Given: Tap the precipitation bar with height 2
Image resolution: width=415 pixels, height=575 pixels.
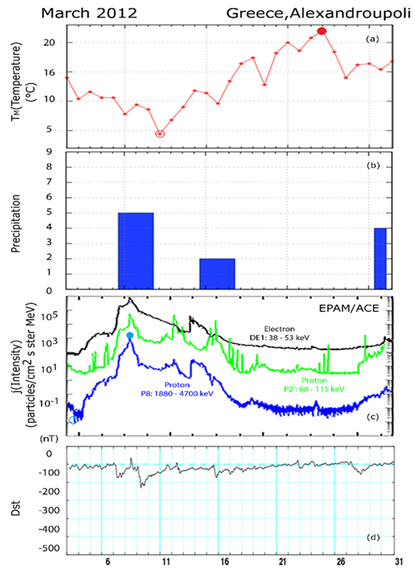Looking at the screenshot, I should [217, 274].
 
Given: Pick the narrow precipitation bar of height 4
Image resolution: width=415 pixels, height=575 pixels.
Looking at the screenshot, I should [380, 258].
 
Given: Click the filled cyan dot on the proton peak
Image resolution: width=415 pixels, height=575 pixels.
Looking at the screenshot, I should [130, 335].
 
